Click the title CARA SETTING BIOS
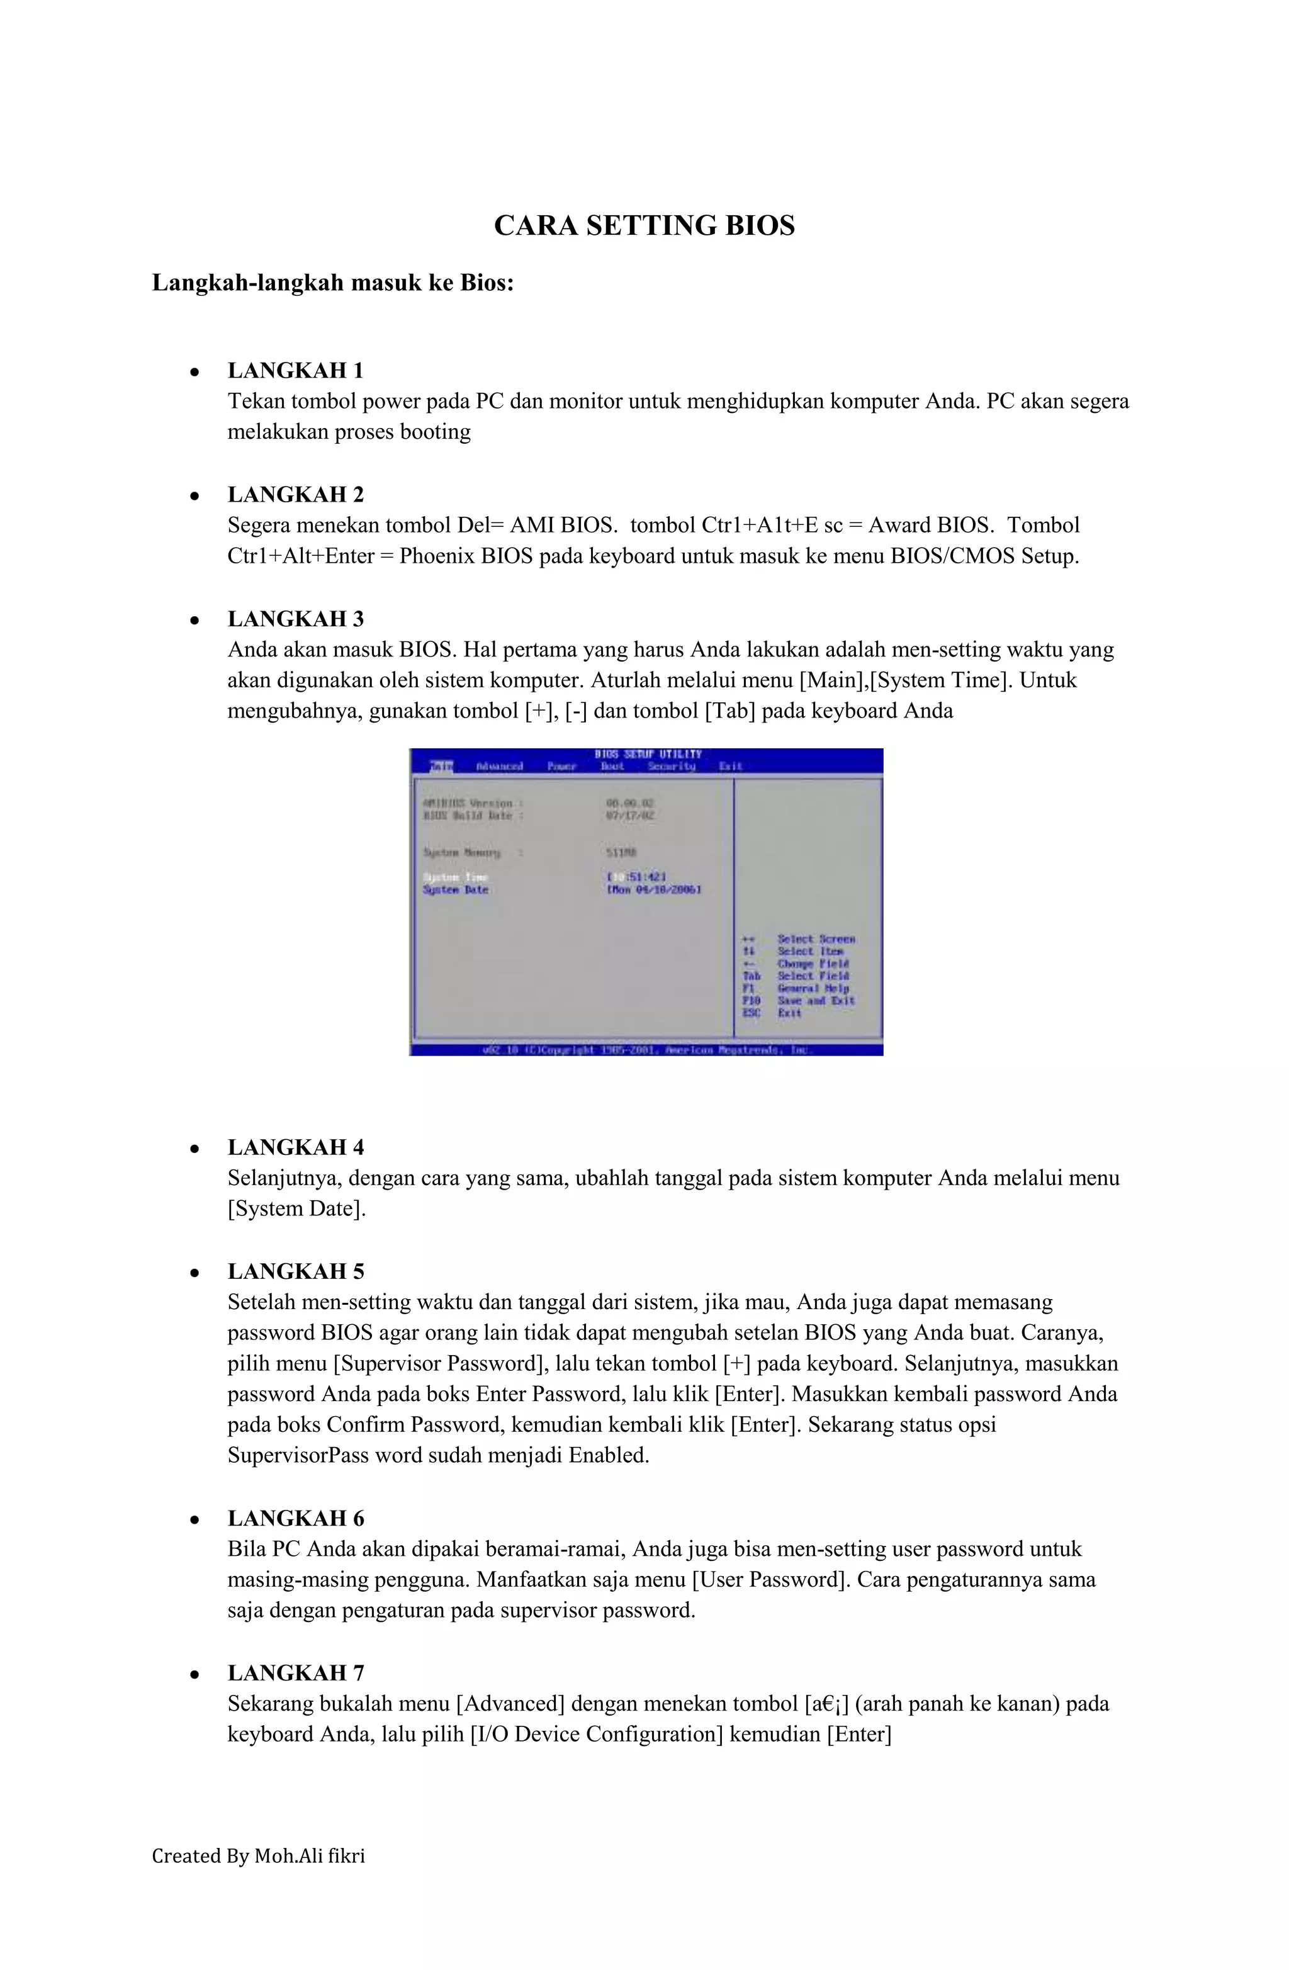pyautogui.click(x=643, y=225)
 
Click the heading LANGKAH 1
pyautogui.click(x=296, y=370)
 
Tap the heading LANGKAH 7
pyautogui.click(x=296, y=1673)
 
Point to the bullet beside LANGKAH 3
pyautogui.click(x=194, y=620)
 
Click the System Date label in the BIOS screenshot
pyautogui.click(x=455, y=890)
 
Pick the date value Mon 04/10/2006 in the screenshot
pyautogui.click(x=654, y=890)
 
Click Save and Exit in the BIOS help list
pyautogui.click(x=816, y=1001)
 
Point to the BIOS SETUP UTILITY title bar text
pyautogui.click(x=648, y=754)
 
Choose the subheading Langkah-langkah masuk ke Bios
pyautogui.click(x=333, y=283)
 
